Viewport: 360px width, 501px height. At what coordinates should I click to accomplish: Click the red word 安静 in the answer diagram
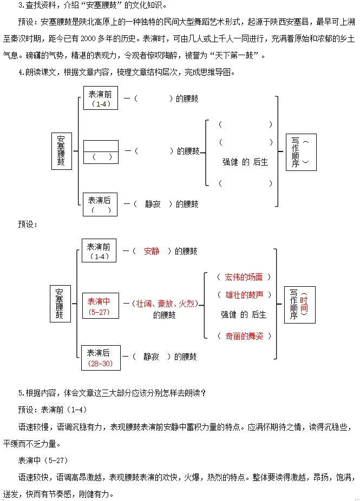[x=152, y=251]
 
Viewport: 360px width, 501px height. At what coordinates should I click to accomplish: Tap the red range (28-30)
[x=100, y=364]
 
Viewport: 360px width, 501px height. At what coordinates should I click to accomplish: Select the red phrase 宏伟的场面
[x=244, y=277]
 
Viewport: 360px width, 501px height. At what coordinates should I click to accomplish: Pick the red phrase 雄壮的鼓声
[x=244, y=294]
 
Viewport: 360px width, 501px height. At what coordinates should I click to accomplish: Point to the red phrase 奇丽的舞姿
[x=244, y=336]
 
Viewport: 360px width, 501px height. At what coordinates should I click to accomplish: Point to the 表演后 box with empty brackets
[x=100, y=205]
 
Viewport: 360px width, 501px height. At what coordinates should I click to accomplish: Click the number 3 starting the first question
[x=20, y=5]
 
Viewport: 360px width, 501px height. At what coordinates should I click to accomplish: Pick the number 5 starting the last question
[x=20, y=393]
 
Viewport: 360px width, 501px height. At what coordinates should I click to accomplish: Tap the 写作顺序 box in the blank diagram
[x=301, y=152]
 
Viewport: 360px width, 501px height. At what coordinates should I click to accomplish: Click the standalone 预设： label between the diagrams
[x=28, y=223]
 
